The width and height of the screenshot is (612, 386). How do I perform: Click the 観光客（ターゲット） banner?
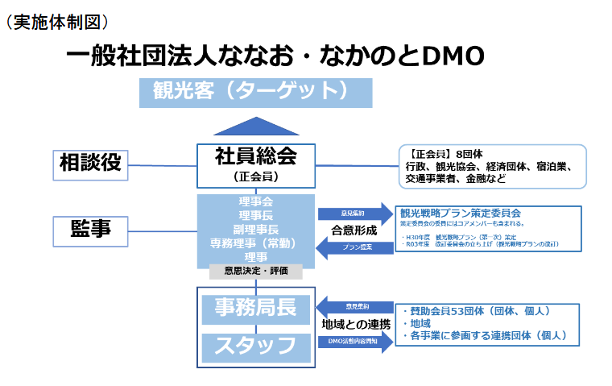pyautogui.click(x=256, y=91)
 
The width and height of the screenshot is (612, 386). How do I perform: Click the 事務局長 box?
pyautogui.click(x=255, y=307)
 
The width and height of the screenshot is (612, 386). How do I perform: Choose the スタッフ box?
pyautogui.click(x=255, y=347)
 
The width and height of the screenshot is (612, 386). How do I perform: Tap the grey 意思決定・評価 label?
pyautogui.click(x=255, y=271)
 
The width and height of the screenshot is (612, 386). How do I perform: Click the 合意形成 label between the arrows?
pyautogui.click(x=354, y=230)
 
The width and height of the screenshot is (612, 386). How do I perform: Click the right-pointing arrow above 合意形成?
pyautogui.click(x=354, y=214)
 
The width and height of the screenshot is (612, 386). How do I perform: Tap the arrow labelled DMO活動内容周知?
pyautogui.click(x=355, y=342)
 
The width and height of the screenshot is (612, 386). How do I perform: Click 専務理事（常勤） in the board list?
pyautogui.click(x=255, y=243)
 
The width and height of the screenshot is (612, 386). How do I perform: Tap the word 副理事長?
pyautogui.click(x=255, y=229)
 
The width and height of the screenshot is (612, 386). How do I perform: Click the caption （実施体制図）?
pyautogui.click(x=56, y=22)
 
